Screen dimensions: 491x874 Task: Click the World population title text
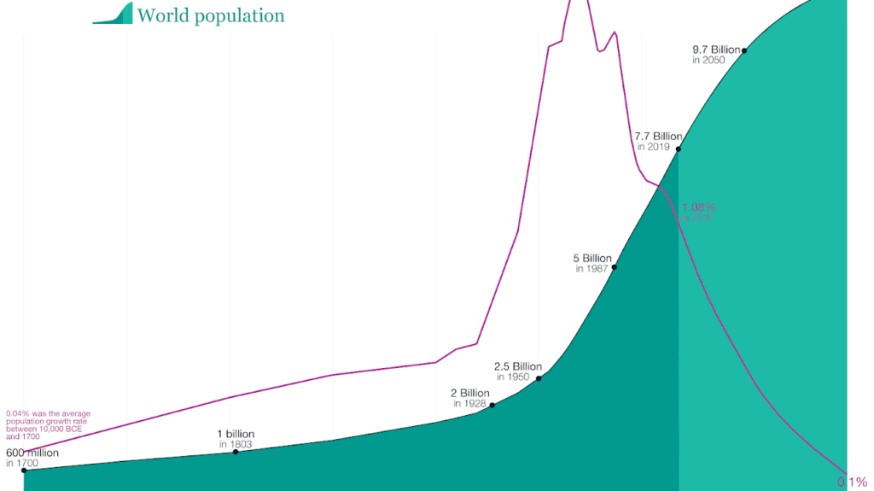point(210,15)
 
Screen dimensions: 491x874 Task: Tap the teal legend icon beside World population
point(113,14)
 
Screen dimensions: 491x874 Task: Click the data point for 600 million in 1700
point(24,471)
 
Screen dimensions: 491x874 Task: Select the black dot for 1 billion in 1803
point(236,451)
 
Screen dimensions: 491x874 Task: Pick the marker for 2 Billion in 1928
point(492,405)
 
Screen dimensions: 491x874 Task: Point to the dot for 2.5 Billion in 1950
point(539,377)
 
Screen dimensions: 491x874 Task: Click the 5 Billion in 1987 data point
point(615,267)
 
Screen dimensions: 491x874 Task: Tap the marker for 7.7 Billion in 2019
point(679,149)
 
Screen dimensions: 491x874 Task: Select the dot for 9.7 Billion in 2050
point(744,51)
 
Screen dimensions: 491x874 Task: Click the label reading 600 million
point(32,453)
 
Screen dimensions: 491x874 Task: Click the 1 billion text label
point(236,434)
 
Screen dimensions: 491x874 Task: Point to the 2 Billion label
point(470,394)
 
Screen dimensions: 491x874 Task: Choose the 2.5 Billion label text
point(517,366)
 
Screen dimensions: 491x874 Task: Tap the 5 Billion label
point(592,258)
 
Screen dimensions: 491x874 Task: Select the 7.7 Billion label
point(658,137)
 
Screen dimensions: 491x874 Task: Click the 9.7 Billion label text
point(716,50)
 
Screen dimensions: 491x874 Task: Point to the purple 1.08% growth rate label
point(698,208)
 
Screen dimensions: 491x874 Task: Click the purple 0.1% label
point(856,482)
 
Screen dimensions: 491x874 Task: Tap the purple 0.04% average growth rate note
point(48,424)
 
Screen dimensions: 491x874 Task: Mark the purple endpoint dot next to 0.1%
point(847,474)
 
